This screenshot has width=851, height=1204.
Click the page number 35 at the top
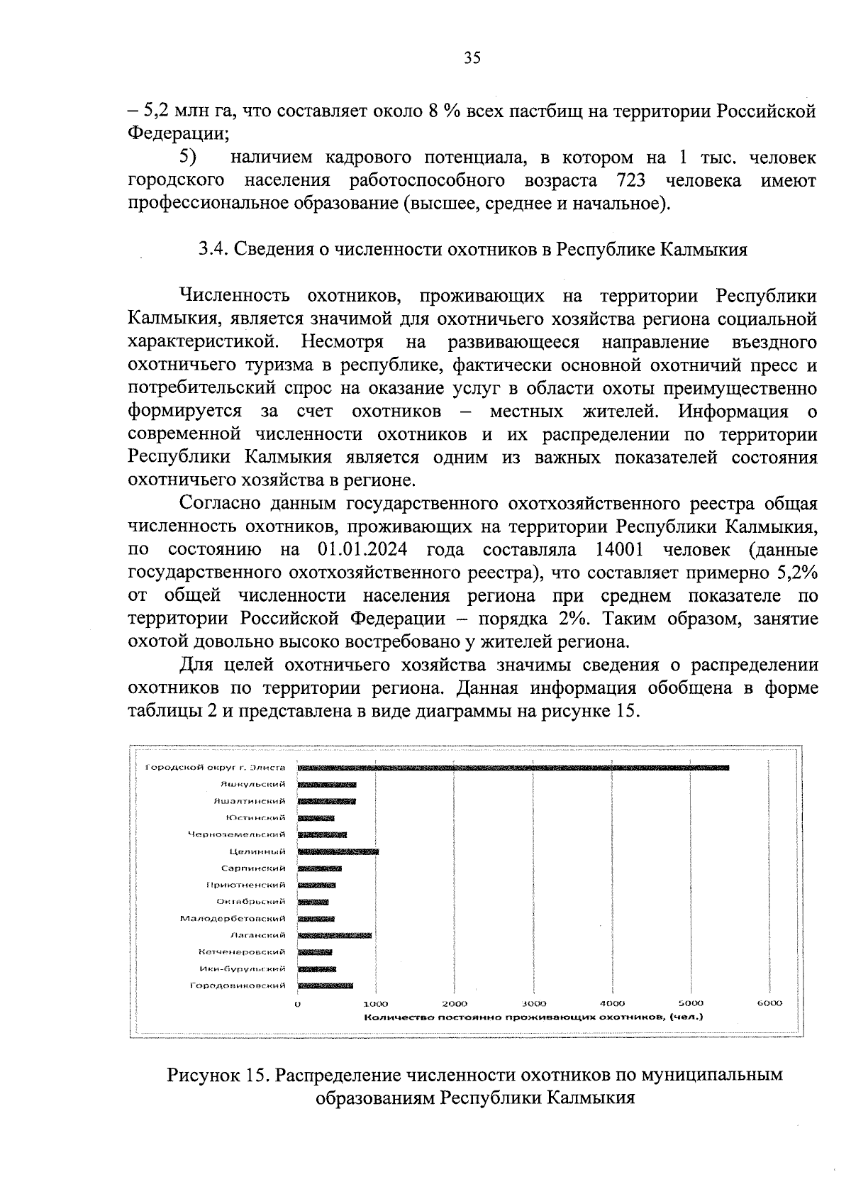472,58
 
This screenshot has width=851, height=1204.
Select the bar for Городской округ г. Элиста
513,767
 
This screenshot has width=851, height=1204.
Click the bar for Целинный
338,851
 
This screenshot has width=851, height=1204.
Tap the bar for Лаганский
334,935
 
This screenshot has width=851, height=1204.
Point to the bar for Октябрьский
313,902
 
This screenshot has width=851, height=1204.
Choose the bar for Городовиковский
325,985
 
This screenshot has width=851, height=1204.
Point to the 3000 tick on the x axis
533,1003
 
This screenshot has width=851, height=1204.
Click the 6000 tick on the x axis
769,1003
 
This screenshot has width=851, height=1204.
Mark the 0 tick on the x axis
298,1003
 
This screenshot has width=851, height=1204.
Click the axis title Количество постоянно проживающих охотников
533,1017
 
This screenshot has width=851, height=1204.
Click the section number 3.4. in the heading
212,250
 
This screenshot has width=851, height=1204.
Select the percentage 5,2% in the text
797,573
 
